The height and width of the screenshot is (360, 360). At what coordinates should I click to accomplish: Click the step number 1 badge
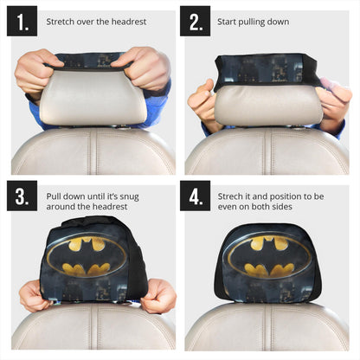(22, 21)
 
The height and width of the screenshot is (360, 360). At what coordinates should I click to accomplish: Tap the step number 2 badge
(195, 21)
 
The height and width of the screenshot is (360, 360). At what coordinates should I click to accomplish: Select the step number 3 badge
(22, 196)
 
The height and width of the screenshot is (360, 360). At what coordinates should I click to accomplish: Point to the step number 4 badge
(195, 196)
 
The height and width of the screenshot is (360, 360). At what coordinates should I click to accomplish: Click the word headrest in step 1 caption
(129, 22)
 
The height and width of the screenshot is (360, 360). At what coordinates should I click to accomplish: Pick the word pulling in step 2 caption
(252, 22)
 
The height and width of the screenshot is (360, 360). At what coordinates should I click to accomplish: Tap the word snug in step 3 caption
(129, 197)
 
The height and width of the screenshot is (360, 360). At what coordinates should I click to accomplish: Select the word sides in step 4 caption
(282, 207)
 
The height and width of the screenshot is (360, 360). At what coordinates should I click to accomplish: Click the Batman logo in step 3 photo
(87, 256)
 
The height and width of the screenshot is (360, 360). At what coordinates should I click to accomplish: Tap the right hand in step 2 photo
(335, 106)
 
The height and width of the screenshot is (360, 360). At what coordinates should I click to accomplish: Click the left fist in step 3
(35, 297)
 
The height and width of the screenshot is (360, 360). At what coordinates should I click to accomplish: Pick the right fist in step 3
(158, 297)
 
